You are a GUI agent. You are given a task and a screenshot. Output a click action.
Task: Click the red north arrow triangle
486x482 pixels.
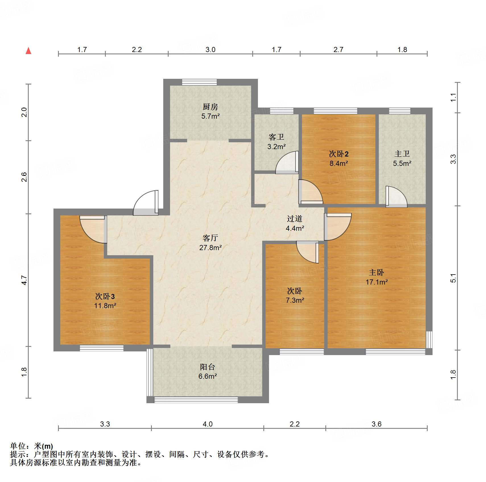tap(28, 51)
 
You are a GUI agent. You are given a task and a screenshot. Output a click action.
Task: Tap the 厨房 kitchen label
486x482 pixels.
tap(210, 107)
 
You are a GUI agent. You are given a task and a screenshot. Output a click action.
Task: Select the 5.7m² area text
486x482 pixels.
tap(210, 116)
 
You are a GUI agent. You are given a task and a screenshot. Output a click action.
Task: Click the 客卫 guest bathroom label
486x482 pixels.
tap(276, 137)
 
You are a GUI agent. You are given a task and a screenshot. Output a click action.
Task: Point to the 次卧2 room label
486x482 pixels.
tap(339, 154)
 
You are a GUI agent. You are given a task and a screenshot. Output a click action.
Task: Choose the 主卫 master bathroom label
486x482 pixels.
tap(402, 154)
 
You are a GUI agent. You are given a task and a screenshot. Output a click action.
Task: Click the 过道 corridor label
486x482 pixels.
tap(295, 219)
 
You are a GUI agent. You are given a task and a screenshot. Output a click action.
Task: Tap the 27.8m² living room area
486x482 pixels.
tap(210, 248)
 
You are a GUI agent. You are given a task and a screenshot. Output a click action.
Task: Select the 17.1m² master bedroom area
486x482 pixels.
tap(377, 282)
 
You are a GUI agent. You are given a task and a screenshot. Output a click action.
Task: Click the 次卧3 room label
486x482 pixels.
tap(105, 296)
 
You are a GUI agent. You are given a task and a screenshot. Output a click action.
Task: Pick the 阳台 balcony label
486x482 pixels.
tap(208, 367)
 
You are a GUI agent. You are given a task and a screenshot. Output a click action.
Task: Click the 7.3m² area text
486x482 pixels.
tap(295, 300)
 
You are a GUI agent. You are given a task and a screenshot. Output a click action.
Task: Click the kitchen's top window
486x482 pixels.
tap(199, 82)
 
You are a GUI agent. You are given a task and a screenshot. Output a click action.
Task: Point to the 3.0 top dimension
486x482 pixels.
tap(210, 50)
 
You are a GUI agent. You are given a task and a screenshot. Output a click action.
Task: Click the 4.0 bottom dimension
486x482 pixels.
tap(208, 424)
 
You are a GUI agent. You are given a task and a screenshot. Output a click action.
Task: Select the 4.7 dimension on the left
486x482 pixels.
tap(24, 280)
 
